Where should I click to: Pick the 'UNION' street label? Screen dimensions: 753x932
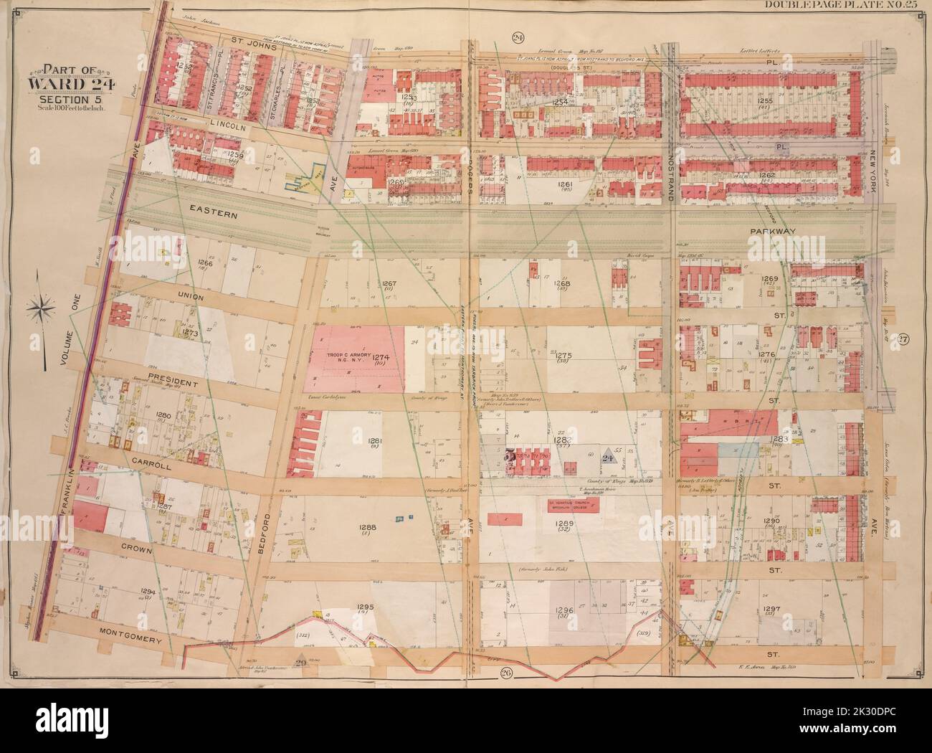click(x=170, y=296)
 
